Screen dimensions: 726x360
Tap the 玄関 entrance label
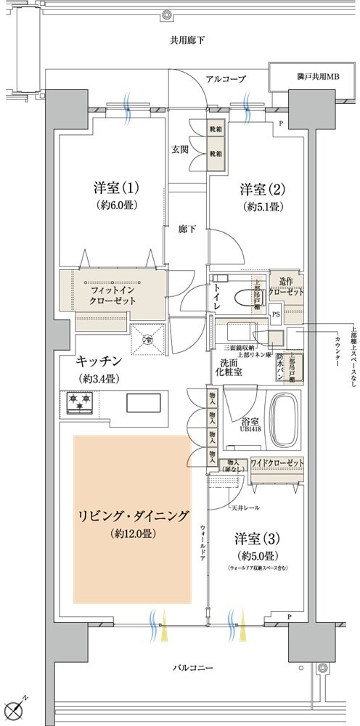179,150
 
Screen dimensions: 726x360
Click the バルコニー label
191,666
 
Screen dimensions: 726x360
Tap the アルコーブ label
226,78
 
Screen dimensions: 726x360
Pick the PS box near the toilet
276,314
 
